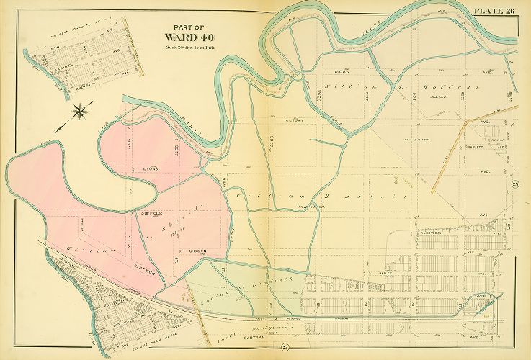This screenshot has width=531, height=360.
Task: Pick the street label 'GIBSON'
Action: pos(198,251)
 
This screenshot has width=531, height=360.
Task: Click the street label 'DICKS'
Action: pos(342,73)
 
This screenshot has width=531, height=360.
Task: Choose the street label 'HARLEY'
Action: pos(384,274)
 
